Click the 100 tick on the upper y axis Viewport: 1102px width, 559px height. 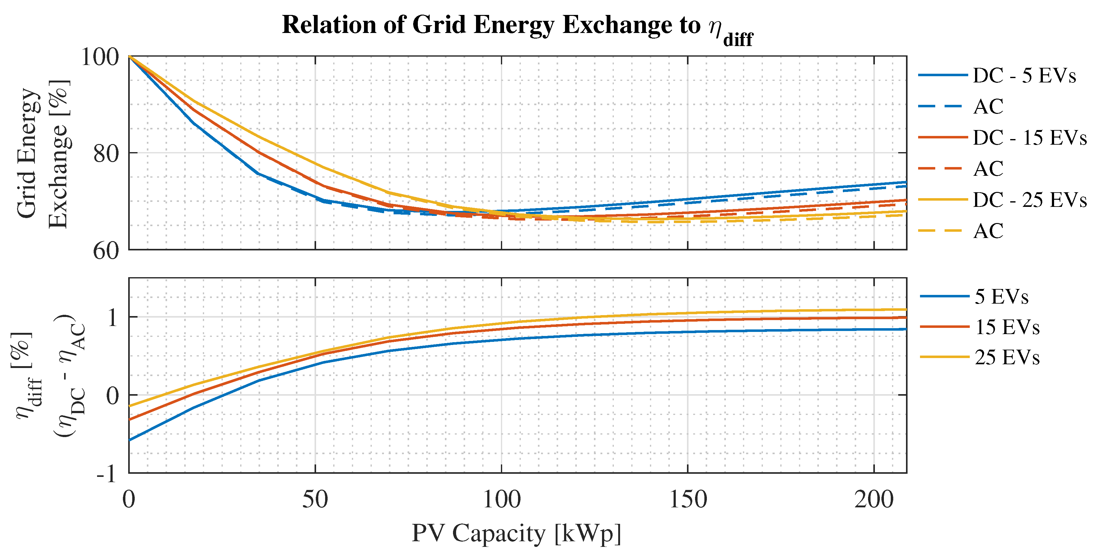(100, 57)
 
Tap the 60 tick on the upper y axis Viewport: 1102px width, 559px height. (106, 251)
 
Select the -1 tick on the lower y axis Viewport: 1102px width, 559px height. (107, 474)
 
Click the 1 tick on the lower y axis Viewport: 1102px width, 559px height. (112, 317)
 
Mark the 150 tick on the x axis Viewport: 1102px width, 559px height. (688, 500)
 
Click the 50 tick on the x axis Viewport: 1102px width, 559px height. (315, 500)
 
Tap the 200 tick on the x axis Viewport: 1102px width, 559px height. (874, 500)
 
